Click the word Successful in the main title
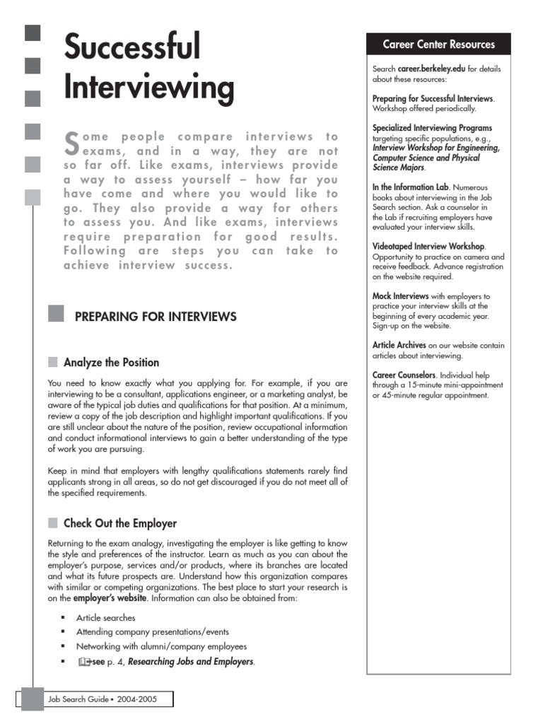132,47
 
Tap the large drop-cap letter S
71,144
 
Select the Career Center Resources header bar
438,45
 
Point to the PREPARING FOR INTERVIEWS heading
156,317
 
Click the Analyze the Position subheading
111,363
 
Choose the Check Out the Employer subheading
119,524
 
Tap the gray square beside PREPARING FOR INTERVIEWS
56,314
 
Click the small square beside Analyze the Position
53,363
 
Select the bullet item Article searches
105,618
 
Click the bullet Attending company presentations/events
152,632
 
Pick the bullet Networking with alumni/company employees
161,647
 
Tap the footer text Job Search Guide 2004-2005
102,700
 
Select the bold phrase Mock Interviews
400,296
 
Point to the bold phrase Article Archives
399,345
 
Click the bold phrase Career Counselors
404,375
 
